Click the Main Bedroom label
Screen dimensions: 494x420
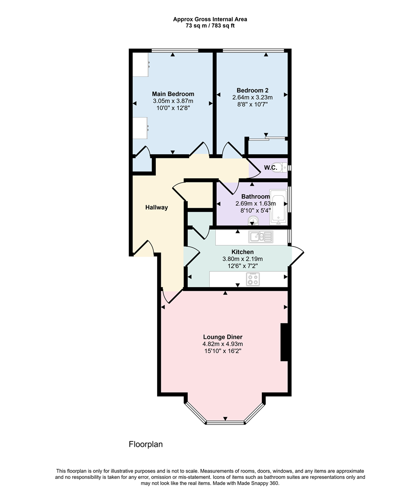tap(173, 94)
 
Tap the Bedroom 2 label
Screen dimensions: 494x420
tap(252, 90)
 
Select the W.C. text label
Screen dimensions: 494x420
tap(271, 168)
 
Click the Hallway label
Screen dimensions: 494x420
tap(157, 207)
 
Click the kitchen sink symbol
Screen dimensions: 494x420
tap(260, 236)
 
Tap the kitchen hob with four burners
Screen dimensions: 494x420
tap(253, 279)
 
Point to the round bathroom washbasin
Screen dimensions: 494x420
tap(253, 222)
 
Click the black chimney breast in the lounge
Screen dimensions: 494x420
tap(284, 343)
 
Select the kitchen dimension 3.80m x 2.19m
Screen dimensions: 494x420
tap(243, 259)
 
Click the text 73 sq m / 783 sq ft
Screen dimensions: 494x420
tap(210, 26)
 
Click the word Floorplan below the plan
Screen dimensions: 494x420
tap(146, 444)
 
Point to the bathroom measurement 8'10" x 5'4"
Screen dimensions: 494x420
tap(253, 210)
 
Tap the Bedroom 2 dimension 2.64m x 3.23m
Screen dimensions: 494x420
tap(252, 97)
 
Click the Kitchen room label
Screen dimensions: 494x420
tap(243, 252)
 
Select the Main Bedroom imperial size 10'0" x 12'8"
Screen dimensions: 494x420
tap(173, 108)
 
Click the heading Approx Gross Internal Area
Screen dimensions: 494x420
tap(210, 19)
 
